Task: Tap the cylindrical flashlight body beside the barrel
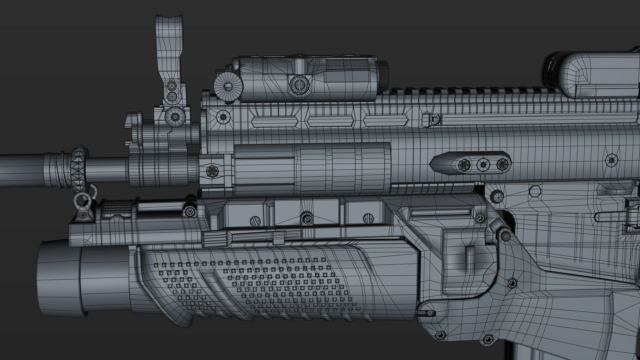click(x=312, y=169)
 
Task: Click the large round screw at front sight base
click(x=174, y=116)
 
